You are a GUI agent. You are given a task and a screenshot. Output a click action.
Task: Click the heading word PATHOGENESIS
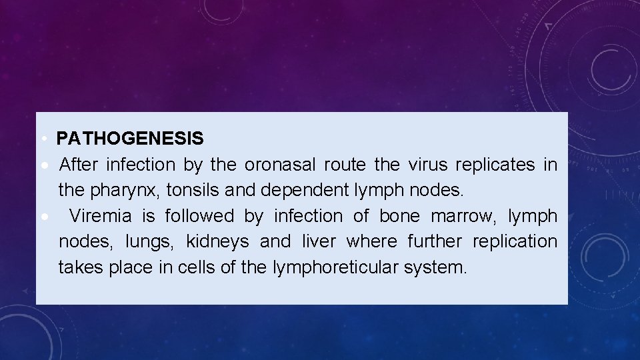tap(130, 139)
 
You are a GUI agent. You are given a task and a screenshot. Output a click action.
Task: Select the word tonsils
tap(193, 190)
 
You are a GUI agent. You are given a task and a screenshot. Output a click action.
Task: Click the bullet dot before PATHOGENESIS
tap(42, 139)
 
